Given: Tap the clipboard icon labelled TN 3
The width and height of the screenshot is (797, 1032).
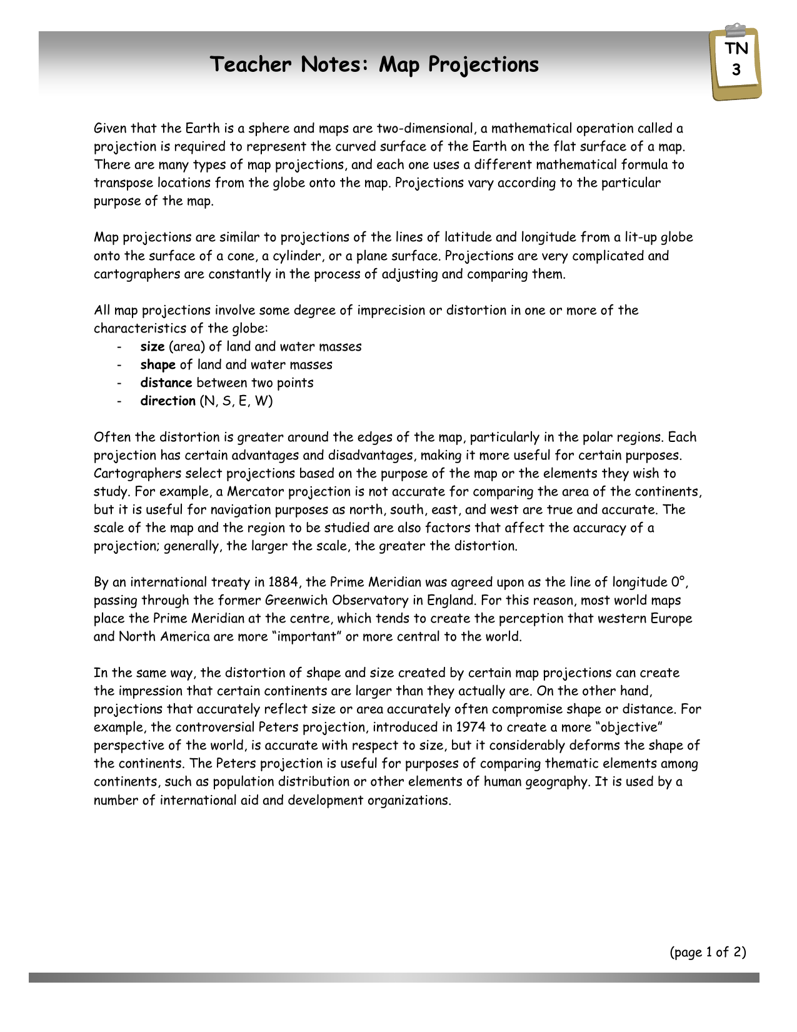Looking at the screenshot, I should tap(736, 63).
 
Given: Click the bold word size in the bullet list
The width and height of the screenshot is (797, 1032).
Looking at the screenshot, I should tap(152, 346).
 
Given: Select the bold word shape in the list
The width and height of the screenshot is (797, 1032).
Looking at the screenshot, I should tap(158, 364).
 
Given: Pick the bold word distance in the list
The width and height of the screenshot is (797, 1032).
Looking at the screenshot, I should tap(166, 383).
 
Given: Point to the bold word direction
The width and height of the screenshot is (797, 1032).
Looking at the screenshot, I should tap(168, 401).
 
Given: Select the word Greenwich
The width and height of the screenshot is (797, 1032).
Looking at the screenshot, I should tap(296, 600).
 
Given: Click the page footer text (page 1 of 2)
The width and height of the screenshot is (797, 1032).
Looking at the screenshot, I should tap(708, 952).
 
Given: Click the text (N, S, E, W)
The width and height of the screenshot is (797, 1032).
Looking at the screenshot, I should tap(236, 401).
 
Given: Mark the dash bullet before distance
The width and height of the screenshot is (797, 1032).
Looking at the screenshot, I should tap(119, 383).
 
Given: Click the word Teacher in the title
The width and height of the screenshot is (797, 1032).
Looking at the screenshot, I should tap(251, 64).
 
